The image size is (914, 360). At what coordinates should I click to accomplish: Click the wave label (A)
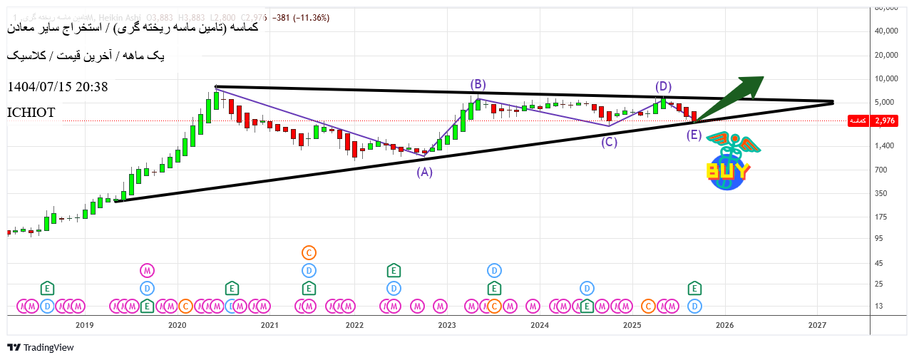click(x=424, y=172)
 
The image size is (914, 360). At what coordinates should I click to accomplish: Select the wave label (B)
click(x=478, y=85)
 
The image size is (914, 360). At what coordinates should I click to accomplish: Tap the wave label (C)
click(x=609, y=142)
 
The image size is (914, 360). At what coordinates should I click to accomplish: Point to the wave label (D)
click(x=663, y=87)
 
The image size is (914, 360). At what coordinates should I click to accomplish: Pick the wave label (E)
click(x=694, y=135)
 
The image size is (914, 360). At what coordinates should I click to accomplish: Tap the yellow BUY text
click(x=727, y=171)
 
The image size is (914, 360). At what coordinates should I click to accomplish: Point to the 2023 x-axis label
click(x=447, y=326)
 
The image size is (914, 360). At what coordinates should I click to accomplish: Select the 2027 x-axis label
click(x=817, y=326)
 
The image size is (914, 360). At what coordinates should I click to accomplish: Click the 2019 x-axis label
click(x=85, y=326)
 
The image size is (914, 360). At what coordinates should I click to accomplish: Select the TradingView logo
click(x=41, y=348)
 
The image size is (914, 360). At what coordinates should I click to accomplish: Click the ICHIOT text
click(x=31, y=113)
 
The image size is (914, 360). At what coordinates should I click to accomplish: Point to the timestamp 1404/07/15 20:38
click(x=58, y=87)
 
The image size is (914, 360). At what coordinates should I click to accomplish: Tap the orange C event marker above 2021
click(x=309, y=252)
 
